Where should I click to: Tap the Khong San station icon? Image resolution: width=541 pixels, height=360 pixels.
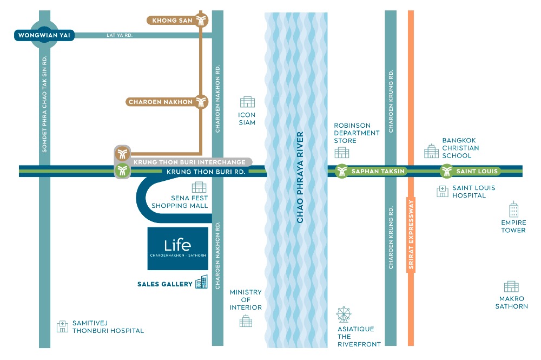click(202, 21)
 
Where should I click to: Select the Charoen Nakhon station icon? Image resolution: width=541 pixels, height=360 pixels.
click(202, 101)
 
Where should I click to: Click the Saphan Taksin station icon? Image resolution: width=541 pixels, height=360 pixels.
click(341, 172)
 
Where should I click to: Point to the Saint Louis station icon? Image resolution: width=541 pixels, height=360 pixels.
click(446, 172)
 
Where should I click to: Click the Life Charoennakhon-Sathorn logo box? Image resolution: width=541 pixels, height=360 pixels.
click(178, 248)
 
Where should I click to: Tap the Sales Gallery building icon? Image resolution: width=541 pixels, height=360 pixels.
click(201, 282)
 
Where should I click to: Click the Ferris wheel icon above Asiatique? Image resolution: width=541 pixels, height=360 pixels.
click(343, 315)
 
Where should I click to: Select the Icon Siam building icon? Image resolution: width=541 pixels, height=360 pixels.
click(247, 102)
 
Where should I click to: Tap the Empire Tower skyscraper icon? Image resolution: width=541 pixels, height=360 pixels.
click(513, 210)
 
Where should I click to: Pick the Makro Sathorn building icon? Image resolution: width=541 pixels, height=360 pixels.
click(511, 287)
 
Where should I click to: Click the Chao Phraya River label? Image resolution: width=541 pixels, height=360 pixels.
click(300, 178)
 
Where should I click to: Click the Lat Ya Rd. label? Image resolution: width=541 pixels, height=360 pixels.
click(120, 35)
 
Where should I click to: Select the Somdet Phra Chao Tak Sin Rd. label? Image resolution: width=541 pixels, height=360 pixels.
click(45, 102)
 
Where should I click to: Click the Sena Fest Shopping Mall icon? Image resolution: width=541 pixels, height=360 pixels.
click(199, 187)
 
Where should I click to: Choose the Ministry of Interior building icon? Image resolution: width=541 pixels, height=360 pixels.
click(246, 321)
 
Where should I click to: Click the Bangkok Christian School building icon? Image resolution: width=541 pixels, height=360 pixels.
click(431, 151)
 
